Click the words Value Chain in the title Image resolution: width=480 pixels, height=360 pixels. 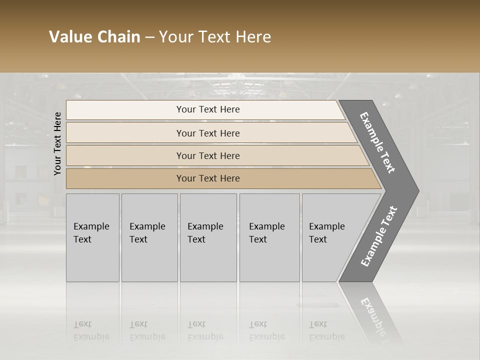tap(94, 37)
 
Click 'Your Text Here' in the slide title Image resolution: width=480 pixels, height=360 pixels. tap(215, 37)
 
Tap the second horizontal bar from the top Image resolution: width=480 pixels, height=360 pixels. tap(208, 133)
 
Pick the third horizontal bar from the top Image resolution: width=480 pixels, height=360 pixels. tap(208, 156)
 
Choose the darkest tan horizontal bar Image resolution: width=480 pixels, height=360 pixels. tap(208, 178)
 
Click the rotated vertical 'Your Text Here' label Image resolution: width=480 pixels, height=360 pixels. tap(58, 143)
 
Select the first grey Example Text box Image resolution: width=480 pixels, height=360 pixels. tap(92, 237)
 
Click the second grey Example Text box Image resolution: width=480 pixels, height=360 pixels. tap(149, 237)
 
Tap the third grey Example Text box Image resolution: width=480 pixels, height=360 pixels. tap(208, 237)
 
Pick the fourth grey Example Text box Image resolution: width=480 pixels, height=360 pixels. tap(269, 237)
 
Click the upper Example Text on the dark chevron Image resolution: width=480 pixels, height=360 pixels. tap(377, 143)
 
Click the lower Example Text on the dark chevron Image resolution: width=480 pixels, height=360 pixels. tap(379, 236)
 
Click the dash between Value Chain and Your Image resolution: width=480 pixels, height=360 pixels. tap(149, 37)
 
